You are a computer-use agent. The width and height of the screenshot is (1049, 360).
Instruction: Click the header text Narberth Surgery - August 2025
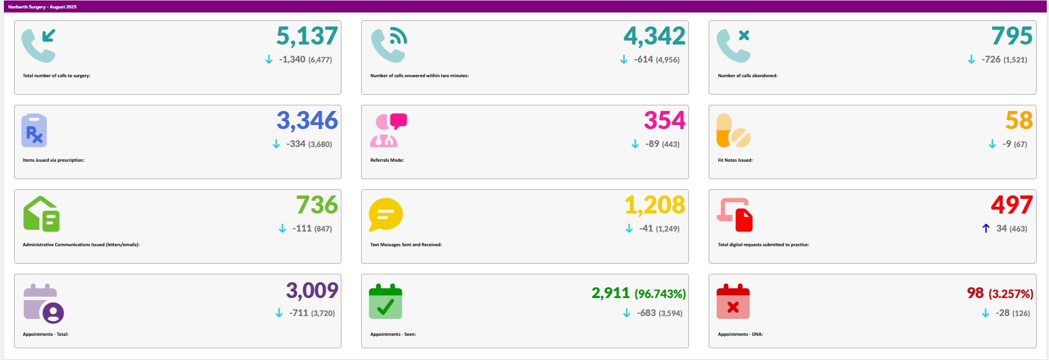[42, 7]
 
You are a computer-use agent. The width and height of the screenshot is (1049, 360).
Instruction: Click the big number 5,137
[307, 37]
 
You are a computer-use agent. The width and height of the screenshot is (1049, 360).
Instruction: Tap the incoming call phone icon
[38, 45]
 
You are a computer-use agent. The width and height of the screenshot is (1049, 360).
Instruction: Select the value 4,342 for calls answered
[654, 37]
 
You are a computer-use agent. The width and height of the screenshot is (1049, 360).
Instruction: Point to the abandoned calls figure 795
[1012, 37]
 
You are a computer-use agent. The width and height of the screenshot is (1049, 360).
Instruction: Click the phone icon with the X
[733, 45]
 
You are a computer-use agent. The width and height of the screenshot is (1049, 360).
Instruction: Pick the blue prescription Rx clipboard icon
[34, 130]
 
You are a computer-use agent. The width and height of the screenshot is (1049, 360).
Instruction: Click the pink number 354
[665, 121]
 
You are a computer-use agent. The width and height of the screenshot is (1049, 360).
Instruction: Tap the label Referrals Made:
[387, 160]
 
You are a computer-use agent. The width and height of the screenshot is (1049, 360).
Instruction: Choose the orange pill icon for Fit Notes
[733, 130]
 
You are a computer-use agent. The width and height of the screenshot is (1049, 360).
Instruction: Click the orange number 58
[1019, 121]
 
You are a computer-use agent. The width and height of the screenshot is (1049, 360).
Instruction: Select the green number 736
[317, 205]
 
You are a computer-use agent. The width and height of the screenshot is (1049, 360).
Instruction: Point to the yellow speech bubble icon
[385, 215]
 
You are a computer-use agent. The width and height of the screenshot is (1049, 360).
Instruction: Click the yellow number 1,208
[655, 205]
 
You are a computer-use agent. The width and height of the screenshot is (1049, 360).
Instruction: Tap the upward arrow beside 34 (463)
[986, 228]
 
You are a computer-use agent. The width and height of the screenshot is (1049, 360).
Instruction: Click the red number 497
[1012, 205]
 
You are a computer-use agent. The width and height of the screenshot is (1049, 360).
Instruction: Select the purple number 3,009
[312, 291]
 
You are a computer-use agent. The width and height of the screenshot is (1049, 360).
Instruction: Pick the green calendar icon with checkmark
[385, 301]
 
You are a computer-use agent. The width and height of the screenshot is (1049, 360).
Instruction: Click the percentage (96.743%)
[660, 294]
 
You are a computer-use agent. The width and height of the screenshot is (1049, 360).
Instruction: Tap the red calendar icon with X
[733, 301]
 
